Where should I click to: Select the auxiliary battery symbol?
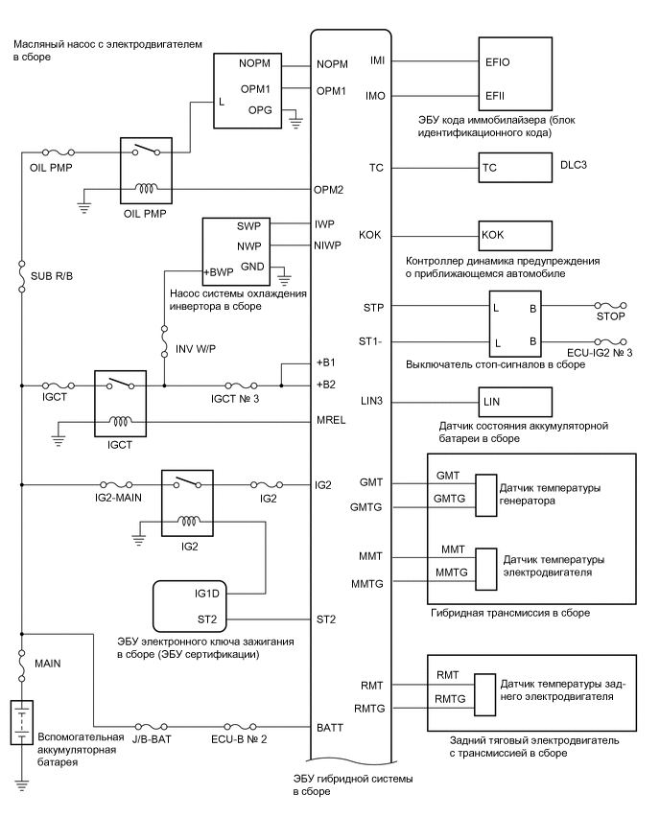coord(21,724)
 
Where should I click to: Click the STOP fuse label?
coord(610,318)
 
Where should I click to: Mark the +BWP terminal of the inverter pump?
coord(219,272)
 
